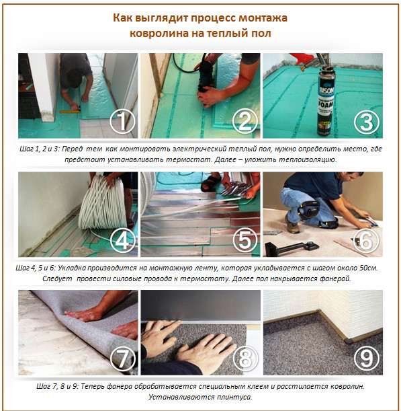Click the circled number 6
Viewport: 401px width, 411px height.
[366, 239]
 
